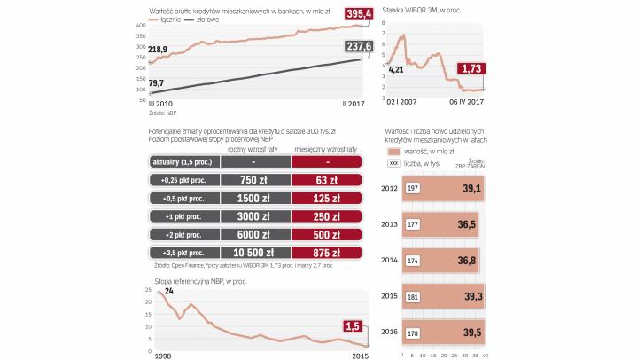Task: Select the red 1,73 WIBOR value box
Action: pyautogui.click(x=471, y=68)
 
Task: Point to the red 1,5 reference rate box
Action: pyautogui.click(x=354, y=326)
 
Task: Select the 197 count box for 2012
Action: pyautogui.click(x=412, y=189)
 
